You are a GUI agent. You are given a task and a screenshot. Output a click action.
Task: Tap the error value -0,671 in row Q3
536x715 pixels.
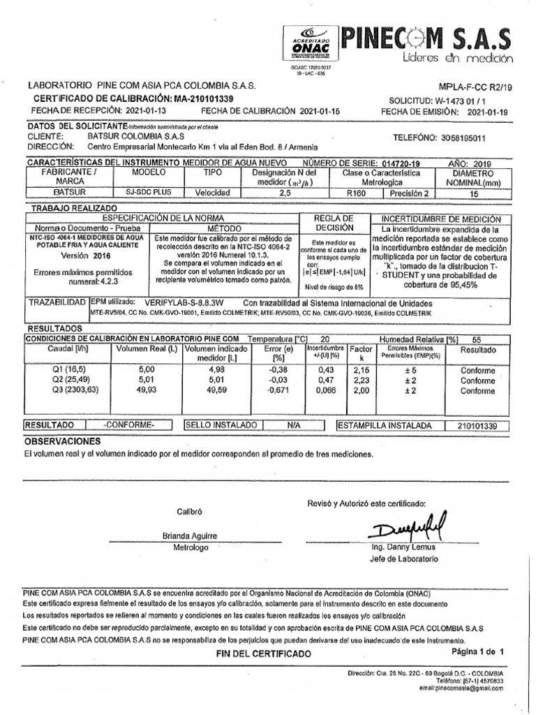tap(277, 392)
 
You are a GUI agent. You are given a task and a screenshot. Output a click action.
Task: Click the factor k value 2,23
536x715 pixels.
tap(361, 381)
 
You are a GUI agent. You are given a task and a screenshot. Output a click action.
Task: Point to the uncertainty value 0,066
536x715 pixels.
tap(326, 392)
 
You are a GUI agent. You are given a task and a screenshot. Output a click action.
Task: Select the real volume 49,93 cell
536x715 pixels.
tap(147, 392)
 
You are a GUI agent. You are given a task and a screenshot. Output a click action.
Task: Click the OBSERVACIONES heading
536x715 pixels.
tap(63, 441)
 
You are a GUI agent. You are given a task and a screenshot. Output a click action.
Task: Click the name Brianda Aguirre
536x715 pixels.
tap(190, 536)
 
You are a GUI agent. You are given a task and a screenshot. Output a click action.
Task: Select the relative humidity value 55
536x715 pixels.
tap(477, 338)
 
